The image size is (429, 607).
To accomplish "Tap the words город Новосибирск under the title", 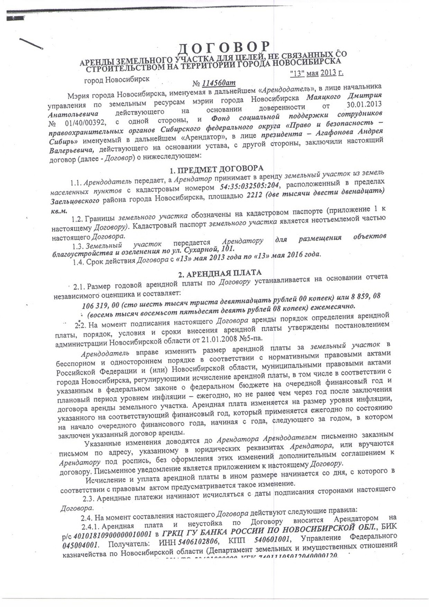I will pos(117,81).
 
